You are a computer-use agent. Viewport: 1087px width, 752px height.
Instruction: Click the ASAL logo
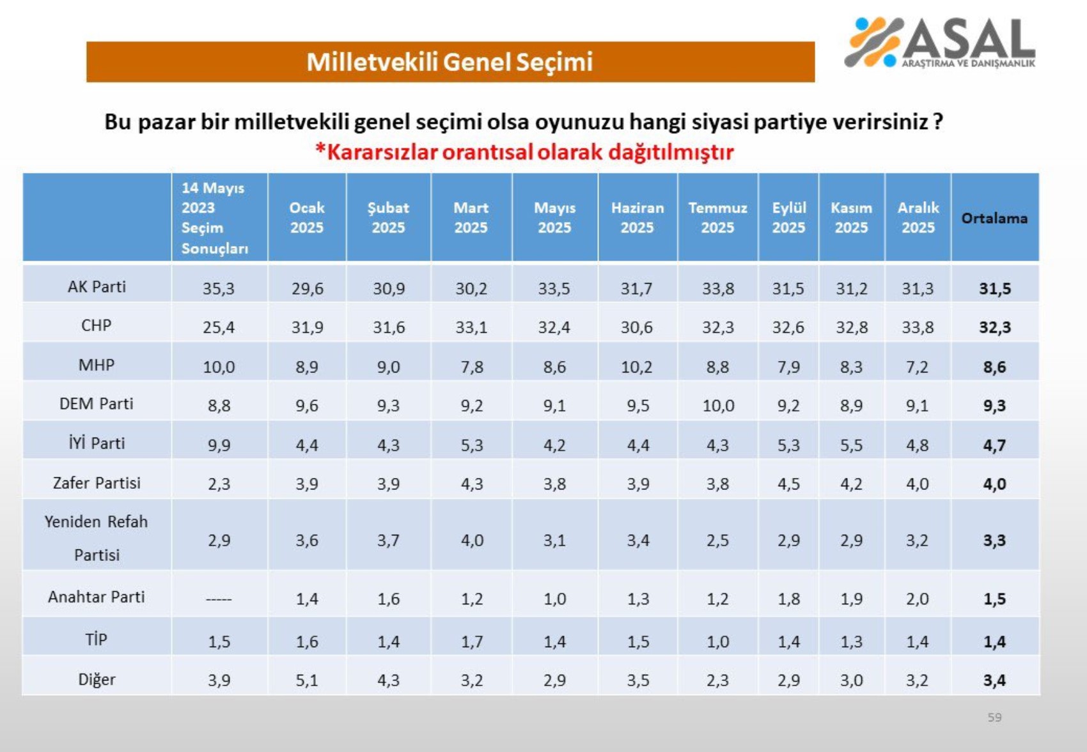click(939, 42)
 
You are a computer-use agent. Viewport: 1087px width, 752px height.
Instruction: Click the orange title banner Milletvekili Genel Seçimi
click(450, 62)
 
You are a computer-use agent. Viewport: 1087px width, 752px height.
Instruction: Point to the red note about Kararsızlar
click(524, 152)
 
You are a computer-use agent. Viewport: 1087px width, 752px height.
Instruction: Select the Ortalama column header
click(994, 218)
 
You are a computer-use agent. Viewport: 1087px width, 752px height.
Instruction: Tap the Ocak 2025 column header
click(307, 218)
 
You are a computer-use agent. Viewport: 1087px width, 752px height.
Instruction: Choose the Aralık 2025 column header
click(918, 218)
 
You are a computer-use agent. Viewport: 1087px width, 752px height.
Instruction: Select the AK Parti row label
click(97, 287)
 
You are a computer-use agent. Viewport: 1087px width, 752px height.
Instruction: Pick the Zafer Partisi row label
click(97, 483)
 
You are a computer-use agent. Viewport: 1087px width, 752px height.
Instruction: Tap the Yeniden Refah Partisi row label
click(97, 538)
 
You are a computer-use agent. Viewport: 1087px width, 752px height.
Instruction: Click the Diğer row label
click(97, 679)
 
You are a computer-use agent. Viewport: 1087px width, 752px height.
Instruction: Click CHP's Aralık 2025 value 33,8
click(918, 328)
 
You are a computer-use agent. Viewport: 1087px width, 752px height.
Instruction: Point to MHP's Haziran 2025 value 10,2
click(637, 367)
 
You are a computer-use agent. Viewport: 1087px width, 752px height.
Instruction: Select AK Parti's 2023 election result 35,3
click(219, 289)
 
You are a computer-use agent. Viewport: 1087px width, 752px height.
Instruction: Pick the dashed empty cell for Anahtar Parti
click(219, 599)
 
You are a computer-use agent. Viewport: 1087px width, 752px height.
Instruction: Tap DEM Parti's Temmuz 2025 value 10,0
click(718, 406)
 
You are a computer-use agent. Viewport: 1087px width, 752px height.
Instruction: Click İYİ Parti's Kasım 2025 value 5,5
click(851, 445)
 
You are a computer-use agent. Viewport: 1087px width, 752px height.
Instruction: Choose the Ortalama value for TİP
click(994, 641)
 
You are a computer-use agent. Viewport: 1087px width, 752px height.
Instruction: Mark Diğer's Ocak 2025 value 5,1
click(307, 680)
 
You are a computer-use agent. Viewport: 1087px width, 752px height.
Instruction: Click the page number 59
click(994, 717)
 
